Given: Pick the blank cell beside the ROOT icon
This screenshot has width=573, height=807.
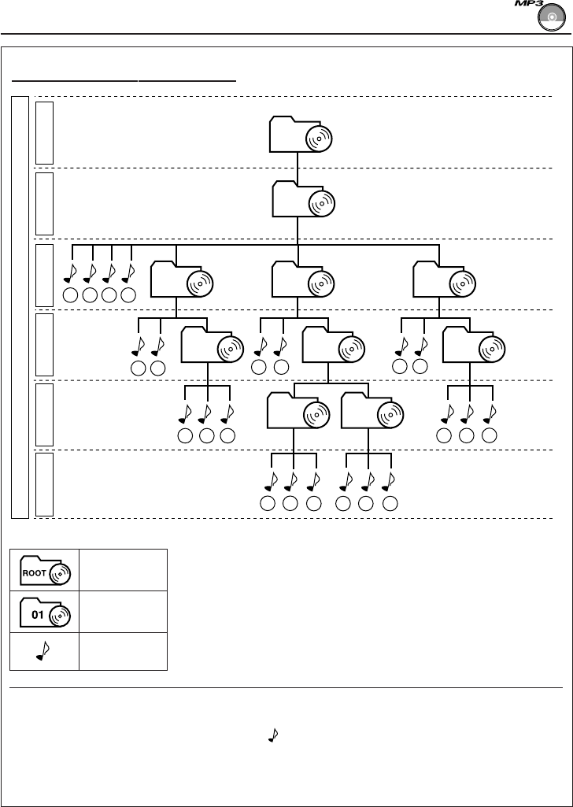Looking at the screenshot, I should pyautogui.click(x=123, y=570).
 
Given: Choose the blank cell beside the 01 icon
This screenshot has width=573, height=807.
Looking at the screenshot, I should pyautogui.click(x=123, y=612).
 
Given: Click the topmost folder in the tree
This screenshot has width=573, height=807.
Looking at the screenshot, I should pyautogui.click(x=300, y=135).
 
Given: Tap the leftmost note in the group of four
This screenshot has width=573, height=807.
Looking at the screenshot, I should pyautogui.click(x=71, y=272).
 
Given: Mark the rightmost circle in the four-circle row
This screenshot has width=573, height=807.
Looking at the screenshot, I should pyautogui.click(x=129, y=296).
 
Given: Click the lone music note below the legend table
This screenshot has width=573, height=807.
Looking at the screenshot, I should pyautogui.click(x=273, y=735).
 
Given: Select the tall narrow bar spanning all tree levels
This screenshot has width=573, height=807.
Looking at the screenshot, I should pyautogui.click(x=21, y=307).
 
